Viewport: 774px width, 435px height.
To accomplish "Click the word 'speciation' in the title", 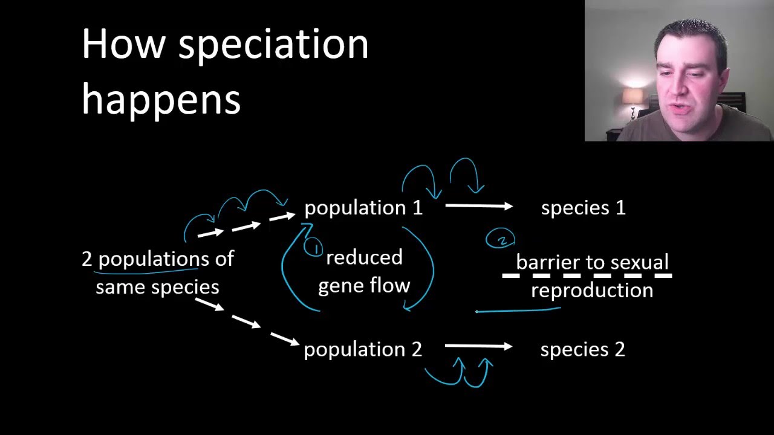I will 273,46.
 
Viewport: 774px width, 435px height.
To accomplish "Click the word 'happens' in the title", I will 161,99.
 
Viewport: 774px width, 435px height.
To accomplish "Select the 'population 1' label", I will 363,208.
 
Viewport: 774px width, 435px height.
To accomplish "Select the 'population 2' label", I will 363,349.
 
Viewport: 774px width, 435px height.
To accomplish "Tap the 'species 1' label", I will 583,208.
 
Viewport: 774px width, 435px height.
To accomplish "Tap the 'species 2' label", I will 582,349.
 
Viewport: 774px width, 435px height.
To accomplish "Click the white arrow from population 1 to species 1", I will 478,207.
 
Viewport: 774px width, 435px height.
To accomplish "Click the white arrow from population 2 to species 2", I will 478,346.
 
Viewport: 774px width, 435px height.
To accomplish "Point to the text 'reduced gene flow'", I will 364,272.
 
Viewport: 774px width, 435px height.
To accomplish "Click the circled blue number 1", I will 314,247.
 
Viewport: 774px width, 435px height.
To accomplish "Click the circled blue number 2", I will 501,239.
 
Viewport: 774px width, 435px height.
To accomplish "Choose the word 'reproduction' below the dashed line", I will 592,291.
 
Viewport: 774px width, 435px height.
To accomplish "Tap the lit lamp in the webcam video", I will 633,96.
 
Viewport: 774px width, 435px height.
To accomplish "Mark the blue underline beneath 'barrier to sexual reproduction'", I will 518,311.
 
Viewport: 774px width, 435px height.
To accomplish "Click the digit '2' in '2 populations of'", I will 87,259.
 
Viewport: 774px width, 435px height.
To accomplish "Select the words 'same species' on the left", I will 157,287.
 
